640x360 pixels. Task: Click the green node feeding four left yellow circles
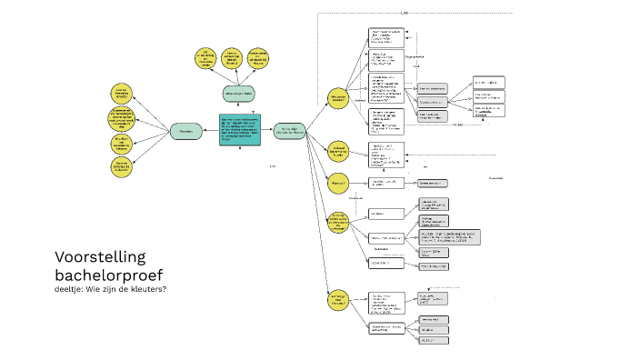click(x=185, y=131)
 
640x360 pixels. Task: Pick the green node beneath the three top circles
click(x=239, y=93)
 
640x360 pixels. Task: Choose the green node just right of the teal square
click(x=288, y=130)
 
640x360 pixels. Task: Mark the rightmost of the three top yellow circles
click(x=258, y=57)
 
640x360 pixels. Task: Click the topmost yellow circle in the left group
click(x=121, y=92)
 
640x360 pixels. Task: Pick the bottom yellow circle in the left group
click(x=121, y=167)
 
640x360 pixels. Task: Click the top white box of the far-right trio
click(x=488, y=83)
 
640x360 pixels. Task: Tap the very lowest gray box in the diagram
click(x=433, y=340)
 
